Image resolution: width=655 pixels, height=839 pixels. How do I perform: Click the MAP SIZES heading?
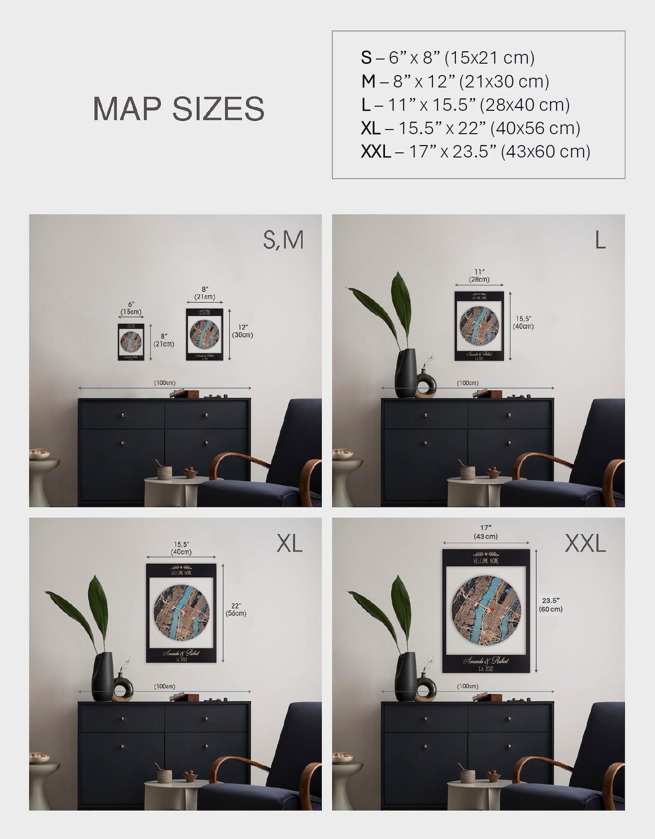(x=179, y=108)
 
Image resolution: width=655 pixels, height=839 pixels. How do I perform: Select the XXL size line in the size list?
(x=475, y=151)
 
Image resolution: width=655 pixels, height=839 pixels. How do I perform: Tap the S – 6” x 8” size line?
(x=447, y=58)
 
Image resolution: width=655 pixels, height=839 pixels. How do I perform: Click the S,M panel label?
(x=283, y=240)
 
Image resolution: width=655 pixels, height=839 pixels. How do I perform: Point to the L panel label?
(x=600, y=240)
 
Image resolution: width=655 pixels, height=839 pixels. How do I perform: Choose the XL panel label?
(x=289, y=543)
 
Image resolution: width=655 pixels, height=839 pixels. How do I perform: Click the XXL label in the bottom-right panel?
(x=585, y=543)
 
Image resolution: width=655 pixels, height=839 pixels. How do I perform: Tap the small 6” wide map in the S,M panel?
(x=131, y=342)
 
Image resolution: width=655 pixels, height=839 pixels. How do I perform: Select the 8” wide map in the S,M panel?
(x=204, y=334)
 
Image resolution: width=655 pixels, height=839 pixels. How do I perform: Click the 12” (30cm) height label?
(x=243, y=331)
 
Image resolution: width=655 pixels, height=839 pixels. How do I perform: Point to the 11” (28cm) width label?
(x=479, y=276)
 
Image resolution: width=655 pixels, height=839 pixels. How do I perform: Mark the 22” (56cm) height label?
(x=236, y=610)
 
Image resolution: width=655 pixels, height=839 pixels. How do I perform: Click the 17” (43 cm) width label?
(x=486, y=532)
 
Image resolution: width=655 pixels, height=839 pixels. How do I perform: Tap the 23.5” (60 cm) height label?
(x=551, y=605)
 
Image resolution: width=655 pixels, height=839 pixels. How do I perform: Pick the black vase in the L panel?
(x=406, y=373)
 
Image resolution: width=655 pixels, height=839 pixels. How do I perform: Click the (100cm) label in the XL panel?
(x=164, y=686)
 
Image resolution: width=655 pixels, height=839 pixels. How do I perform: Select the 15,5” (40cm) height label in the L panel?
(x=523, y=322)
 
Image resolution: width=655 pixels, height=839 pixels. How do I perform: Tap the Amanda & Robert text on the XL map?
(x=181, y=653)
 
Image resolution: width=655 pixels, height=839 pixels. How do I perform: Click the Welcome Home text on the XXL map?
(x=486, y=561)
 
